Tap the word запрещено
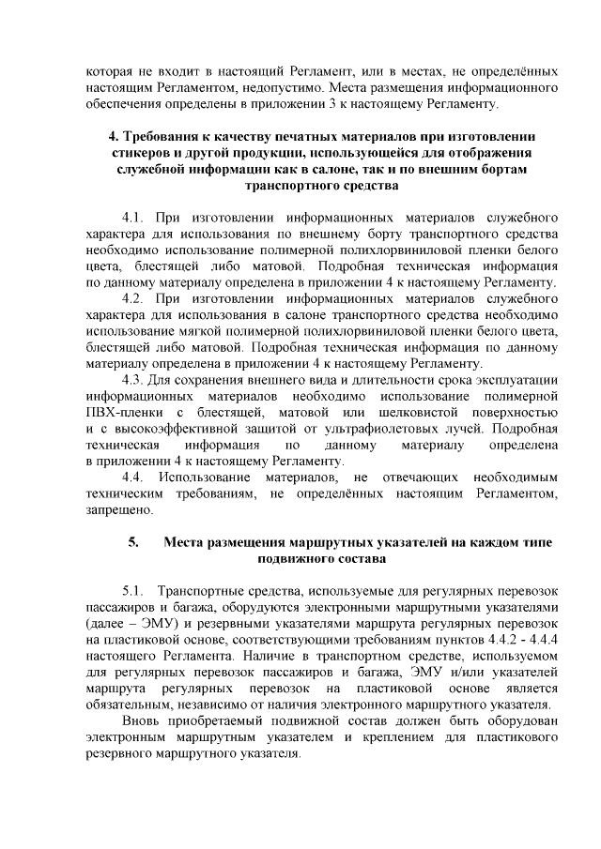tap(117, 509)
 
